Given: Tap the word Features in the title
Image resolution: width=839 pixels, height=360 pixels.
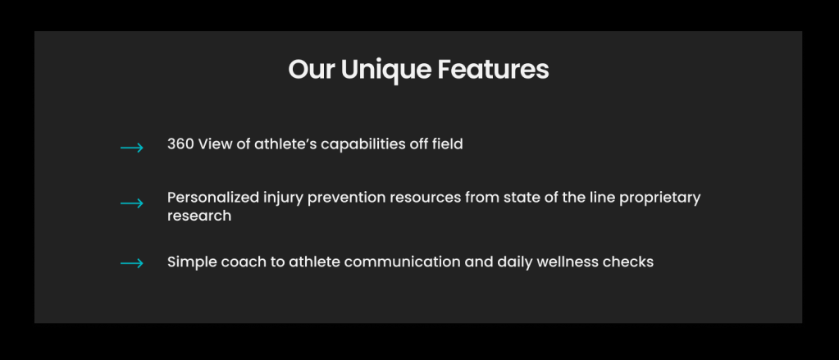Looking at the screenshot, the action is coord(494,70).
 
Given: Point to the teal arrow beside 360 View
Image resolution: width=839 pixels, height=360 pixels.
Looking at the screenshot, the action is coord(131,148).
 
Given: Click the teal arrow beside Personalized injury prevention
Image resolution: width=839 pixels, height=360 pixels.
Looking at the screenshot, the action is coord(131,203).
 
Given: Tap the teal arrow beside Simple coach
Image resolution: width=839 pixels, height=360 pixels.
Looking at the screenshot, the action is coord(131,263).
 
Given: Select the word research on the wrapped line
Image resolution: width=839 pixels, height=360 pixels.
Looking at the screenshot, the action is coord(199,216).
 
